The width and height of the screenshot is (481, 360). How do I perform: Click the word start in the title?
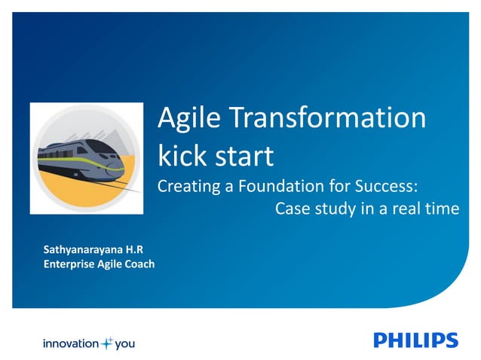point(244,156)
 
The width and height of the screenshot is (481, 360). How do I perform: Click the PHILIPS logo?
point(415,340)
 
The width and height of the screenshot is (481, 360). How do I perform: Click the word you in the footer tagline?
point(125,344)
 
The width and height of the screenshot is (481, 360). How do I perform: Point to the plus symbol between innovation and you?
point(107,343)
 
